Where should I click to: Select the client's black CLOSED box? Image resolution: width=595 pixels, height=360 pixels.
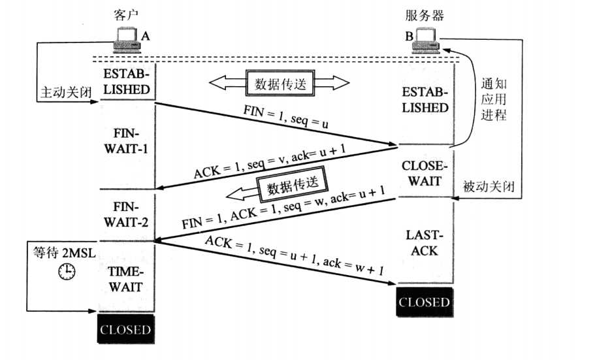tap(125, 329)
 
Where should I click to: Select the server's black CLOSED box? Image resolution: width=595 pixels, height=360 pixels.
tap(425, 302)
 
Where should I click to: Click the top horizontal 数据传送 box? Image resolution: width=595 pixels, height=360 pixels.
tap(278, 83)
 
